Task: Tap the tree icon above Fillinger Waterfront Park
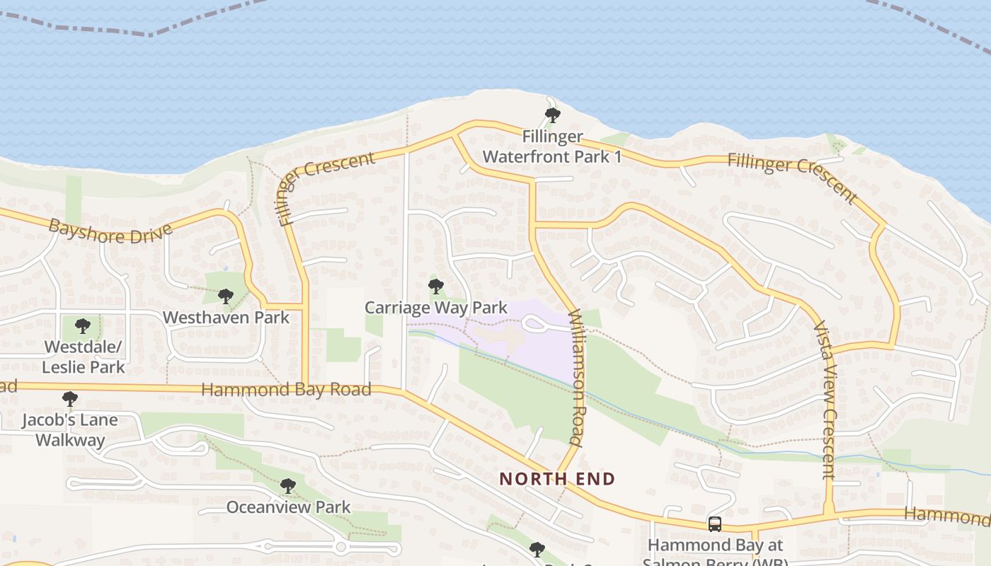point(552,115)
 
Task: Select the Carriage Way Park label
point(436,308)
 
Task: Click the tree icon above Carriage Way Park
point(436,287)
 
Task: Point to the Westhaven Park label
point(226,317)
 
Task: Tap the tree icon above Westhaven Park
point(226,296)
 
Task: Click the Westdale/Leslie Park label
point(84,357)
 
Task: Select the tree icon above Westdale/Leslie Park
point(83,326)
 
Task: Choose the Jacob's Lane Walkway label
point(70,429)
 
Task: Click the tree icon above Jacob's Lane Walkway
point(69,399)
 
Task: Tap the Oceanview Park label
point(288,507)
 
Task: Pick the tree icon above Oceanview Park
point(287,486)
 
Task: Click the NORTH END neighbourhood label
point(557,479)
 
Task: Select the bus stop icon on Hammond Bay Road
point(715,524)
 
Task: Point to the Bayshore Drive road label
point(110,231)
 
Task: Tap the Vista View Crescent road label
point(825,400)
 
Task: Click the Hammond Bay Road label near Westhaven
point(286,390)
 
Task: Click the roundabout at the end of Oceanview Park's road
point(341,547)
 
